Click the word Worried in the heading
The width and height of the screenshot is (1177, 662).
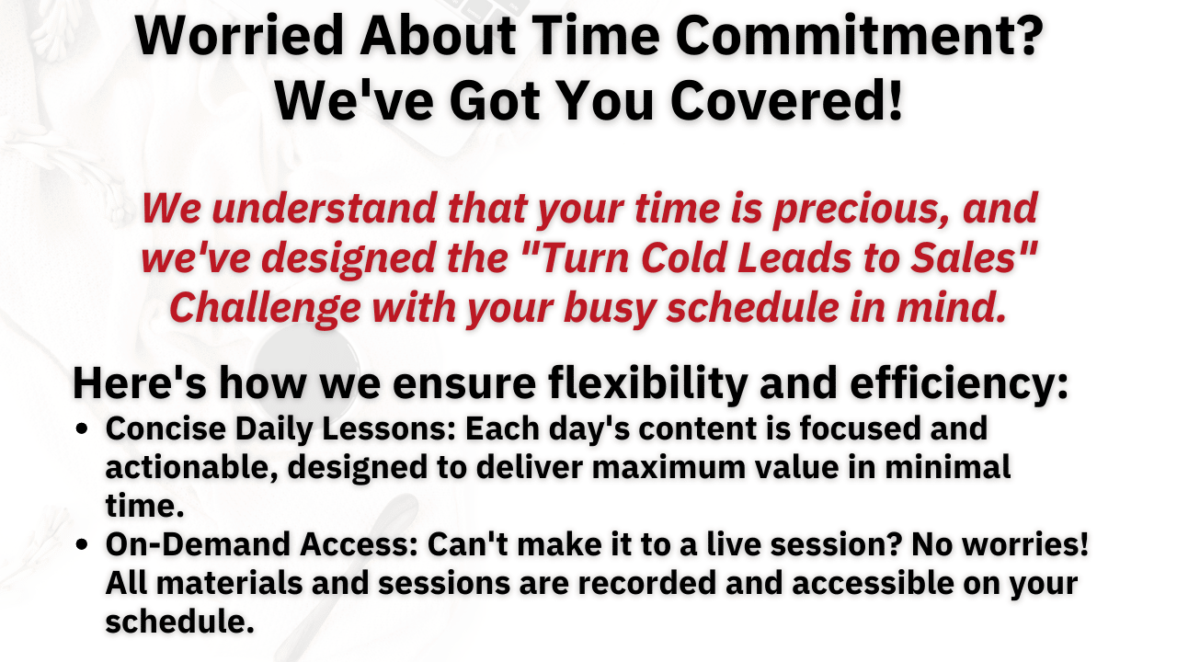(239, 35)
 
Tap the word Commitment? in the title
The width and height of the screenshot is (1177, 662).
(859, 35)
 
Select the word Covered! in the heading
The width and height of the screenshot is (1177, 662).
(786, 101)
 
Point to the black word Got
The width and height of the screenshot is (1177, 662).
(496, 101)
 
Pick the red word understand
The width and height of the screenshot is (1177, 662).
(325, 208)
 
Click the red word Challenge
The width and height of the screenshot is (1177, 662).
(266, 308)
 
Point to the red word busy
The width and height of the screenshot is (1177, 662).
(610, 308)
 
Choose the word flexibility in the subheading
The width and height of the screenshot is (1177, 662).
(648, 383)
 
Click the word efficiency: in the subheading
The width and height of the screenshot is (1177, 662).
(959, 383)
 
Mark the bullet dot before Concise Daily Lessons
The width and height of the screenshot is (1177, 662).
(82, 429)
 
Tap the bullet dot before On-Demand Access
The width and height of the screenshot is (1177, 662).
(82, 544)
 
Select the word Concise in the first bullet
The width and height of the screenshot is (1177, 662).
(166, 428)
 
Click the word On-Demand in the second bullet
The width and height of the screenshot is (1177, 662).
(198, 544)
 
